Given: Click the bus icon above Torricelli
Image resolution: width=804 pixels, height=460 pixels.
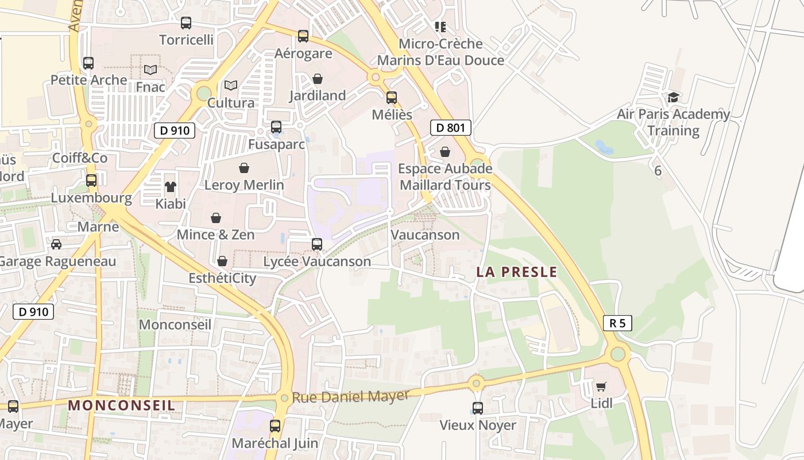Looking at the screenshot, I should tap(186, 23).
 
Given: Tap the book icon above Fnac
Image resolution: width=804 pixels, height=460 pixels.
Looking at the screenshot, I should tap(150, 70).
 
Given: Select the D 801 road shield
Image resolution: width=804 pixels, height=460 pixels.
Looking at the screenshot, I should tap(450, 128).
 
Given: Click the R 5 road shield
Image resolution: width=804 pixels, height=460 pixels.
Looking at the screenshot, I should tap(617, 323).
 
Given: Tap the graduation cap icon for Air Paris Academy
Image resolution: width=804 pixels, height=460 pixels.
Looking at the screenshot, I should tap(673, 97).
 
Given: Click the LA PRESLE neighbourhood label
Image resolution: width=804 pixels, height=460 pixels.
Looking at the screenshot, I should tap(516, 272).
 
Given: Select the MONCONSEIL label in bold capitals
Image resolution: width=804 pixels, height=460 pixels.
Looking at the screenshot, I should tap(121, 405).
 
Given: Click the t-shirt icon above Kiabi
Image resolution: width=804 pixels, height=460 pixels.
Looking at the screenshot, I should tap(171, 186).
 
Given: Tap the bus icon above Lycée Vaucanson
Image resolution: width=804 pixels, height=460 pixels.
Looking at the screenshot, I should tap(317, 244).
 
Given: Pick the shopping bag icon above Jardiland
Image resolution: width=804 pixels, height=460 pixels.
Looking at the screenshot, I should tap(318, 79).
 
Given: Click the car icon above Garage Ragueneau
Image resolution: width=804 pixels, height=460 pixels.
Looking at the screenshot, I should tap(56, 244).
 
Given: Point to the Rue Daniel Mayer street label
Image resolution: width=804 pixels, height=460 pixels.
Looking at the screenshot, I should tap(350, 397).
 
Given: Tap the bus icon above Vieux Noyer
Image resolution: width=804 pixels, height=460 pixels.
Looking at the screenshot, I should tap(478, 408).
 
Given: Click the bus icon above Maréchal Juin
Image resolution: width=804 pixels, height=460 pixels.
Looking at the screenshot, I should tap(275, 426).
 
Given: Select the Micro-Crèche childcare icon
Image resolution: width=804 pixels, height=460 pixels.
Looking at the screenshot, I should tap(440, 26).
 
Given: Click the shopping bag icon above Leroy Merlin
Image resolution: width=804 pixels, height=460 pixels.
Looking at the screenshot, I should tap(244, 168).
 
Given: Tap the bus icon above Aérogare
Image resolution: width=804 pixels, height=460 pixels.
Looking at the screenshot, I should tap(303, 36).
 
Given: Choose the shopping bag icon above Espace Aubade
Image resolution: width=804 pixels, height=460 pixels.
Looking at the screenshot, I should tap(445, 152).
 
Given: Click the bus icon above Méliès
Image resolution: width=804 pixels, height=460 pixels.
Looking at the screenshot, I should tap(392, 98).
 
